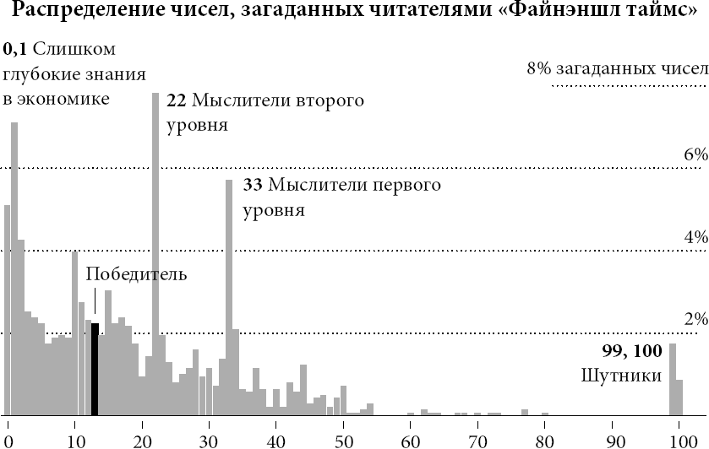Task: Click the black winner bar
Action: point(95,369)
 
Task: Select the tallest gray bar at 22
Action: point(155,253)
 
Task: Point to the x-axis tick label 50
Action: point(343,440)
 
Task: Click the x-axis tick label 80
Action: point(545,440)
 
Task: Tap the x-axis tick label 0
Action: point(8,440)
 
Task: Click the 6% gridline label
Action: point(695,154)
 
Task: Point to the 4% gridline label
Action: point(695,237)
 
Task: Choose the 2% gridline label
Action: point(695,319)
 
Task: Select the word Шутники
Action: point(621,374)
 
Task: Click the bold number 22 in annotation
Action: point(177,100)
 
